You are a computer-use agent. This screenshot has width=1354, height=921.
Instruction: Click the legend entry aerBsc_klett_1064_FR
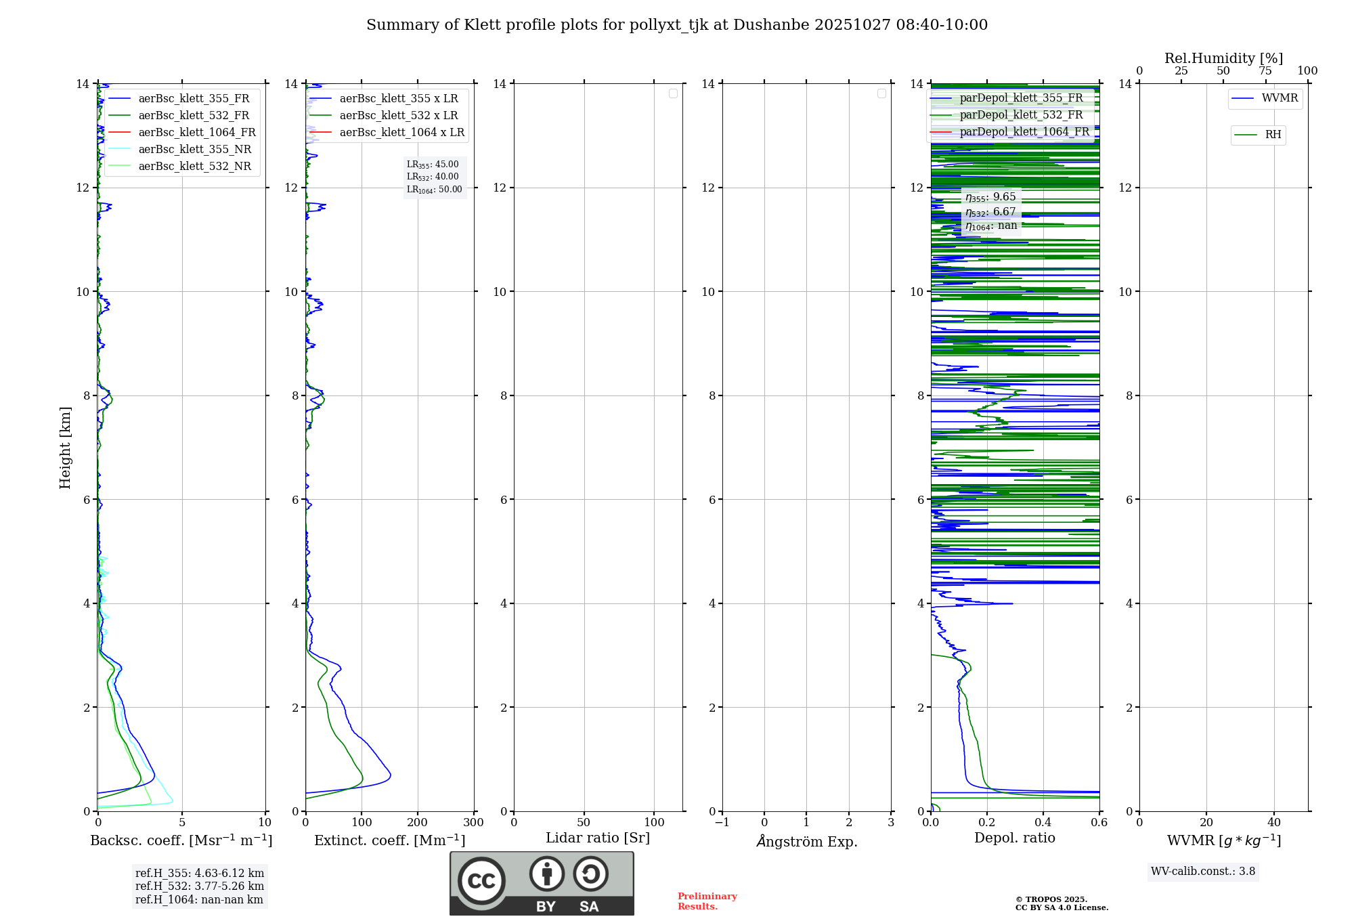point(196,132)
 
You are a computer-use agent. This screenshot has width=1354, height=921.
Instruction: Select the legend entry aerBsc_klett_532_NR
point(194,166)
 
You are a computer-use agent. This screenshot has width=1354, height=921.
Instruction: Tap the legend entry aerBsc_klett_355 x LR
point(398,98)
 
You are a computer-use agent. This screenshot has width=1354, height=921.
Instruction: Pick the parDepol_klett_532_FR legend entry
point(1021,114)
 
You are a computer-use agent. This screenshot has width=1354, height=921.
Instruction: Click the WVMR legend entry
point(1279,98)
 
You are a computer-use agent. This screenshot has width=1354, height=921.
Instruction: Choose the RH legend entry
point(1272,135)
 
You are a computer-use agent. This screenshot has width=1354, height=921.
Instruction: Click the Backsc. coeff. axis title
point(181,840)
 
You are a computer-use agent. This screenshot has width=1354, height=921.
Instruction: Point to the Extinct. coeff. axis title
point(389,840)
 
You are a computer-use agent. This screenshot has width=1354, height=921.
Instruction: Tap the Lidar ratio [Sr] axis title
point(597,838)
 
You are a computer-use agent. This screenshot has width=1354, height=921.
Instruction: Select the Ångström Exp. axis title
point(806,841)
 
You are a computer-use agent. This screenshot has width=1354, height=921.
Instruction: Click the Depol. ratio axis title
point(1014,838)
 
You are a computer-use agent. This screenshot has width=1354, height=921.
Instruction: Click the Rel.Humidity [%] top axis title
point(1223,58)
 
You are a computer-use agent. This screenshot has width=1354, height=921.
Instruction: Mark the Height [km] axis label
point(65,448)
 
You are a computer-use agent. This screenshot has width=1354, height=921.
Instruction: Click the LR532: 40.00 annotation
point(433,177)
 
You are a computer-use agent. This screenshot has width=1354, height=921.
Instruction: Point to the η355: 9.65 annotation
point(990,197)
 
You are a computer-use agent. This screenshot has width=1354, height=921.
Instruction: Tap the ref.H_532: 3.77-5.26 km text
point(199,886)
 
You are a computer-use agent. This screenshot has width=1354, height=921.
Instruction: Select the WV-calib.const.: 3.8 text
point(1202,871)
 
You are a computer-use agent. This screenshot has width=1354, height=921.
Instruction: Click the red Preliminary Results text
point(707,901)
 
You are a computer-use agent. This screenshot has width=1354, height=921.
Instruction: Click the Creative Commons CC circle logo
point(481,881)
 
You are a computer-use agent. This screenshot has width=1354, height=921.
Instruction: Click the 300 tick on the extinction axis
point(473,822)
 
